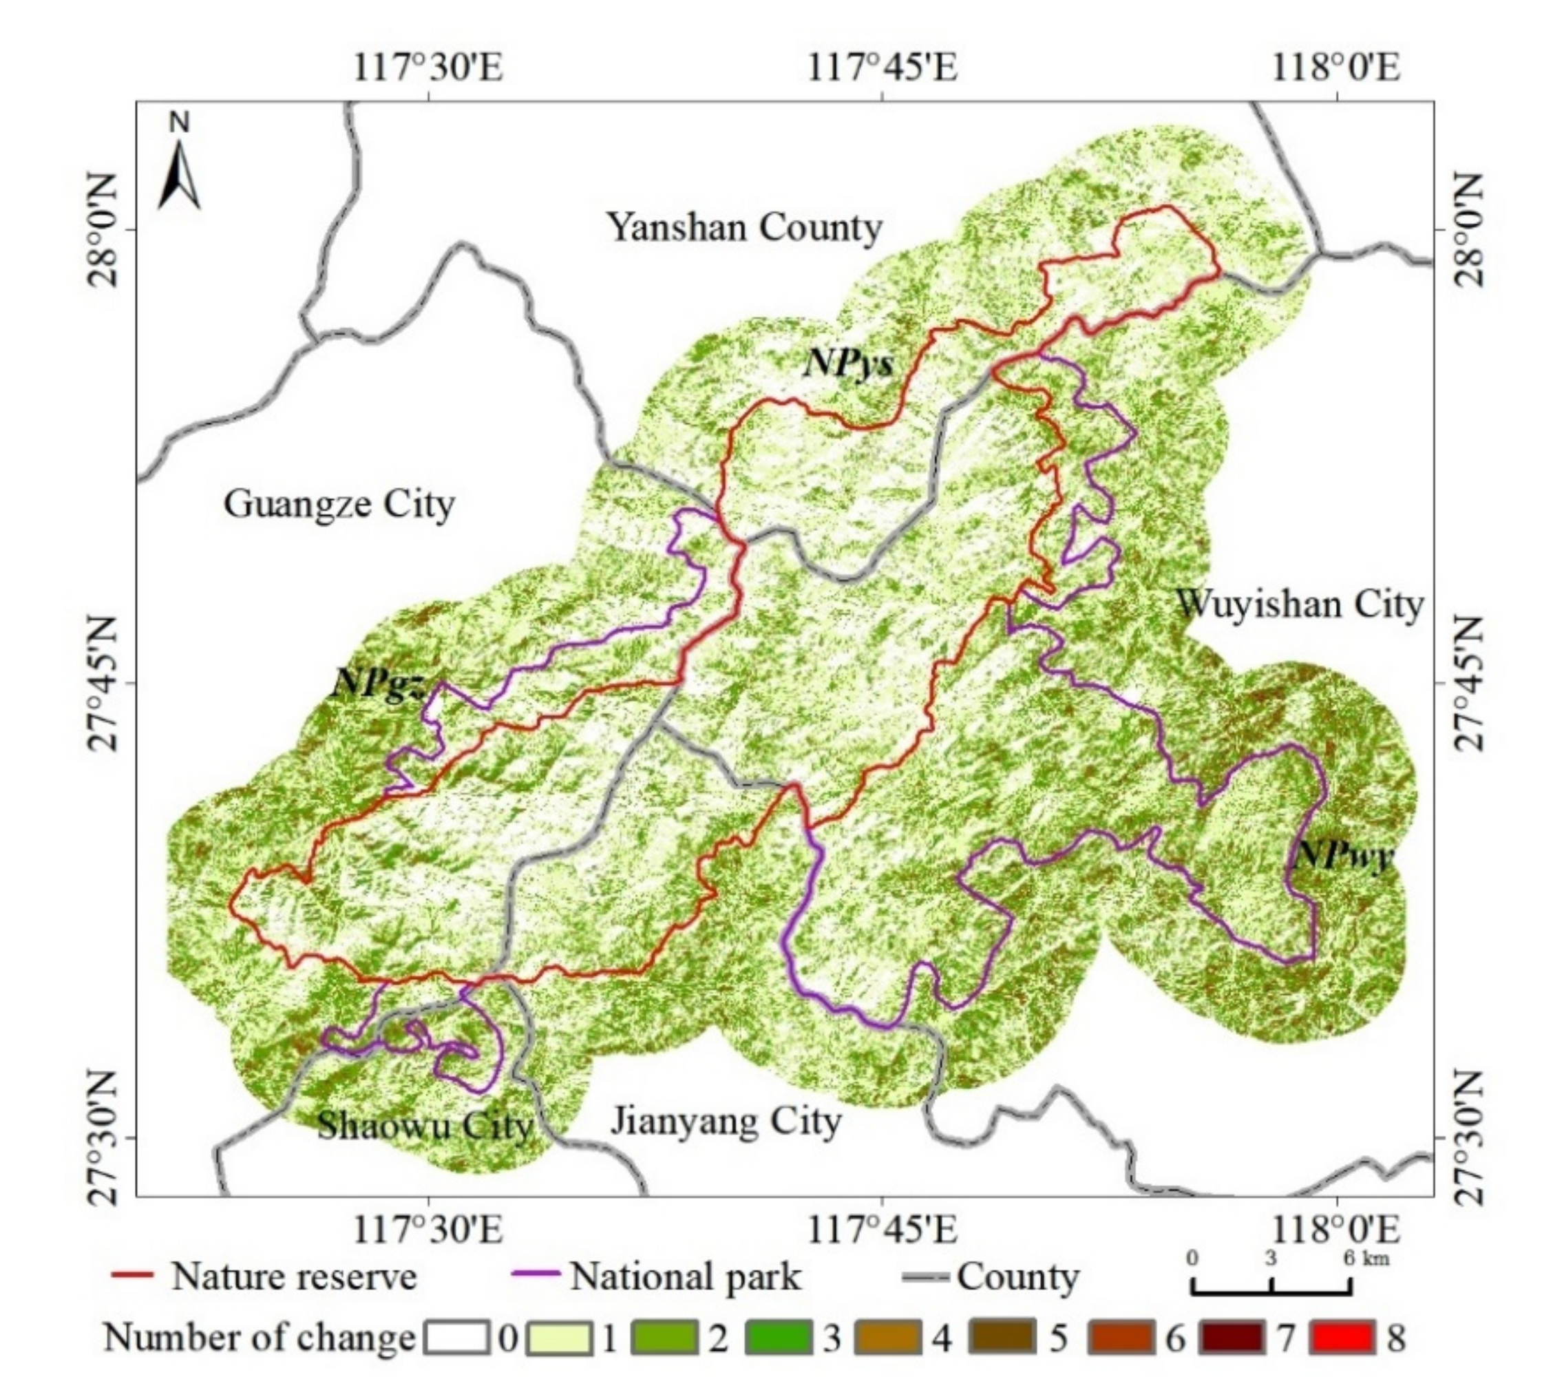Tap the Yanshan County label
tap(744, 227)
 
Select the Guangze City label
tap(339, 504)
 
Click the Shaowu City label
tap(425, 1126)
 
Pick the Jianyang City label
tap(726, 1120)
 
